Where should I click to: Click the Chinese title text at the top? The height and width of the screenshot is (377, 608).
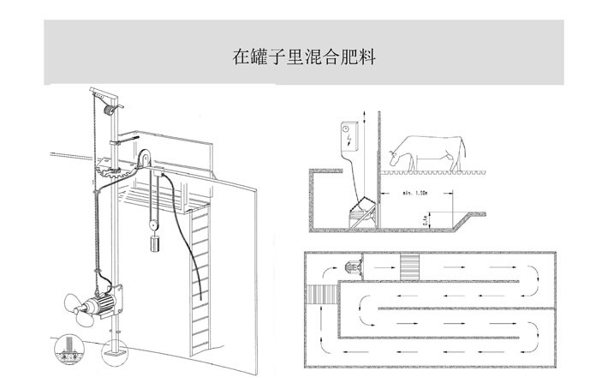(304, 58)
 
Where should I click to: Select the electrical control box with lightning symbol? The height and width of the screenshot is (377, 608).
(350, 137)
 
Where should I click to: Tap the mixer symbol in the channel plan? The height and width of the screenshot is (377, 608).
(351, 268)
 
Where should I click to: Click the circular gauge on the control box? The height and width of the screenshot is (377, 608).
(348, 129)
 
